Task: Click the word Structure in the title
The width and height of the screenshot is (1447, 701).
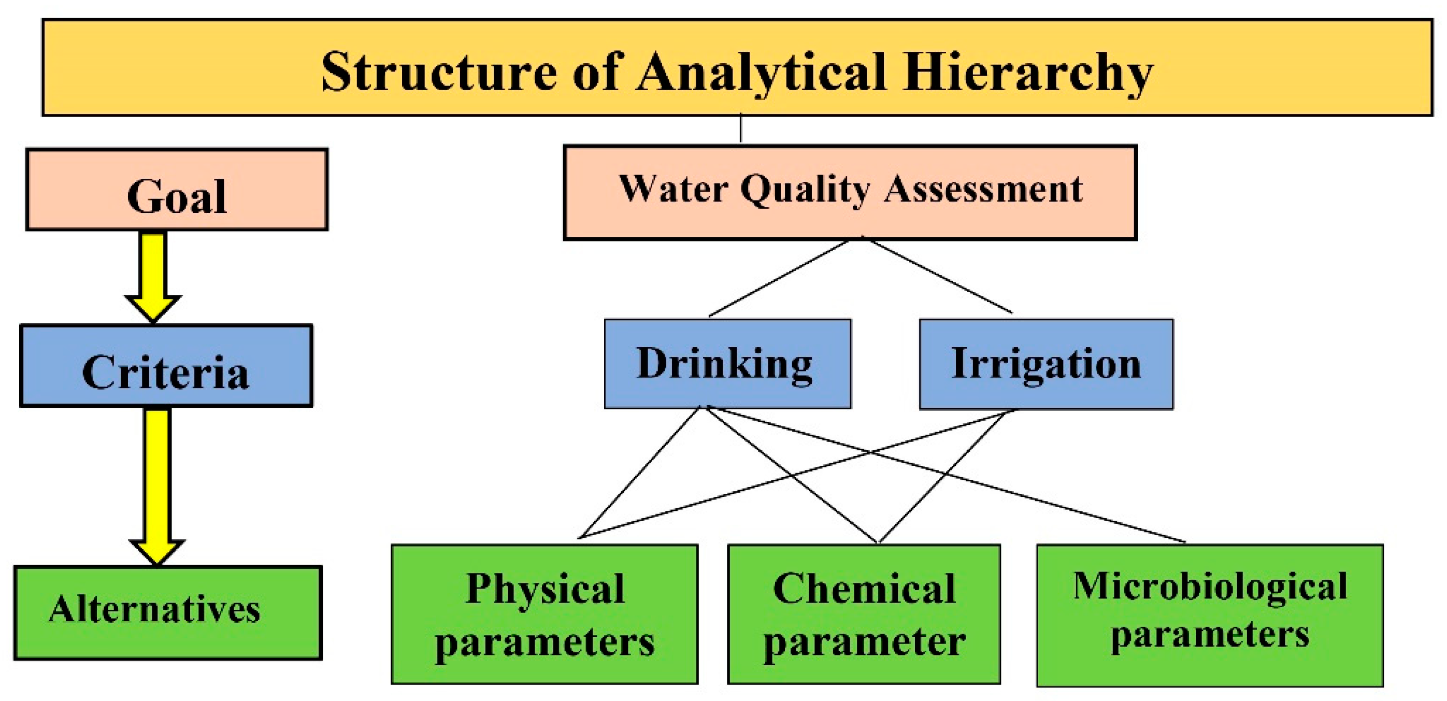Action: coord(439,71)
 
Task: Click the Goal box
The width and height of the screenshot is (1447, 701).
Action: coord(177,189)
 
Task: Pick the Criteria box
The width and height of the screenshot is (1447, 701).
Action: coord(166,366)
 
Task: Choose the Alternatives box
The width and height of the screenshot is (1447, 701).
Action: coord(168,612)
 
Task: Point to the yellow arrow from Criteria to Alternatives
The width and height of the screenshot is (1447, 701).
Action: coord(157,487)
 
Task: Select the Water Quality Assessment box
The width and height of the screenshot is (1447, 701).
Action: coord(851,193)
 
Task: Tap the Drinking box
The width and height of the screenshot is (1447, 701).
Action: coord(727,364)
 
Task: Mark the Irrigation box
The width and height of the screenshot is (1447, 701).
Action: coord(1046,364)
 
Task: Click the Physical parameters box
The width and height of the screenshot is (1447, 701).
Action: coord(545,614)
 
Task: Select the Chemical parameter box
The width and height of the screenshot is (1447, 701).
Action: coord(864,614)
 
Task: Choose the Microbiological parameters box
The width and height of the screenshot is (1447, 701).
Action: coord(1210,615)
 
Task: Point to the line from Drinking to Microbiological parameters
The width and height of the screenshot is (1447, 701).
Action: coord(946,475)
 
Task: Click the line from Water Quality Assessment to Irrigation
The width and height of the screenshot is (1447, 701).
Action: coord(937,275)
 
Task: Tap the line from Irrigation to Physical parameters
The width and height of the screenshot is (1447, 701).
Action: coord(796,474)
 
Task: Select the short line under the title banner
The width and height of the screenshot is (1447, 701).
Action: coord(740,128)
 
